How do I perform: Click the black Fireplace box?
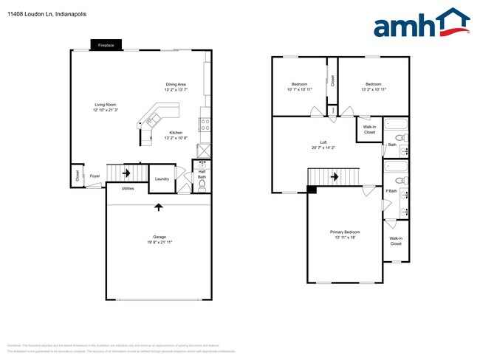[x=106, y=45]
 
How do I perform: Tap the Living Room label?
[x=106, y=104]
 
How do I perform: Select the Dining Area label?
[x=176, y=84]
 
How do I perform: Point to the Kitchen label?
[x=176, y=133]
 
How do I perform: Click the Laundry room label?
[x=161, y=177]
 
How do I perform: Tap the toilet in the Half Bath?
[x=201, y=185]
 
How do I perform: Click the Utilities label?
[x=128, y=189]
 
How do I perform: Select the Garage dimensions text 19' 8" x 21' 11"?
[x=159, y=242]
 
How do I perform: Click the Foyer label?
[x=95, y=176]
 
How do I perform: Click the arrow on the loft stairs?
[x=335, y=177]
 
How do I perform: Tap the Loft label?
[x=324, y=142]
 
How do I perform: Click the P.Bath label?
[x=391, y=192]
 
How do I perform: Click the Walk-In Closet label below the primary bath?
[x=396, y=240]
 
